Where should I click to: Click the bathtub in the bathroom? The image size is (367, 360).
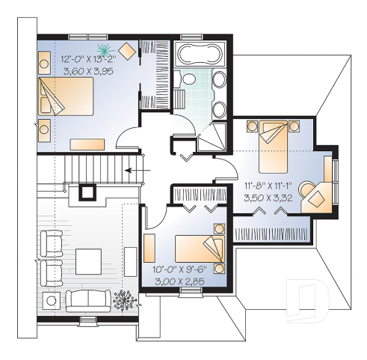(x=197, y=54)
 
